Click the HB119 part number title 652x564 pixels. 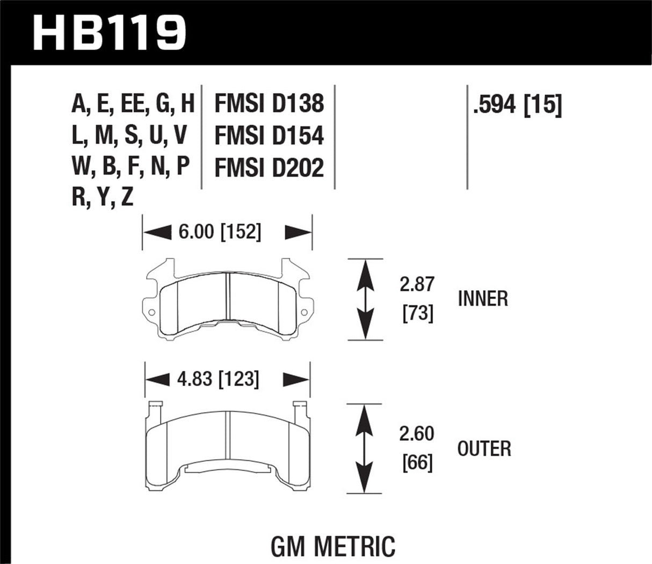(110, 31)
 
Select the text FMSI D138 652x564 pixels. (269, 103)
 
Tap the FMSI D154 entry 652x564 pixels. (269, 135)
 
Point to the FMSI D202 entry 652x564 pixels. (269, 168)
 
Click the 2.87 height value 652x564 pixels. (416, 284)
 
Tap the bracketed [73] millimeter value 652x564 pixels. (417, 313)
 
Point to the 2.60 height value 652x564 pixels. (416, 433)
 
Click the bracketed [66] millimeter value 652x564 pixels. (417, 462)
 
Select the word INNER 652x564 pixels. (483, 298)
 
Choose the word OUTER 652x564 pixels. (484, 448)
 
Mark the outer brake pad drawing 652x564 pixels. (228, 446)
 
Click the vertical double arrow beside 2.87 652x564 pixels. (366, 299)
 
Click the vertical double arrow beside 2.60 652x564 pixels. (366, 448)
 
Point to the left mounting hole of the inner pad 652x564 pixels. (151, 312)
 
